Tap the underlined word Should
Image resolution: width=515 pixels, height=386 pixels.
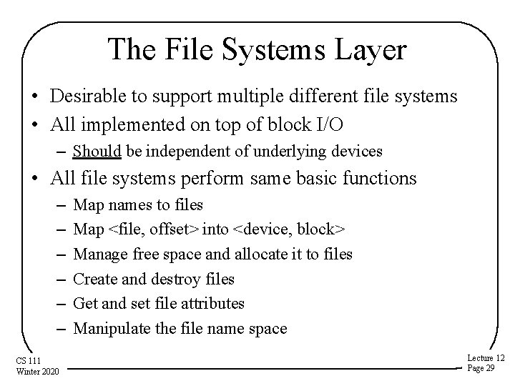tap(96, 152)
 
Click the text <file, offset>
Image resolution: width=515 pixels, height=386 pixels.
tap(154, 229)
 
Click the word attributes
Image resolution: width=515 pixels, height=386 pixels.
tap(210, 304)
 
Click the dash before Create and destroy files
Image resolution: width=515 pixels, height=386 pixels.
tap(62, 279)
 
